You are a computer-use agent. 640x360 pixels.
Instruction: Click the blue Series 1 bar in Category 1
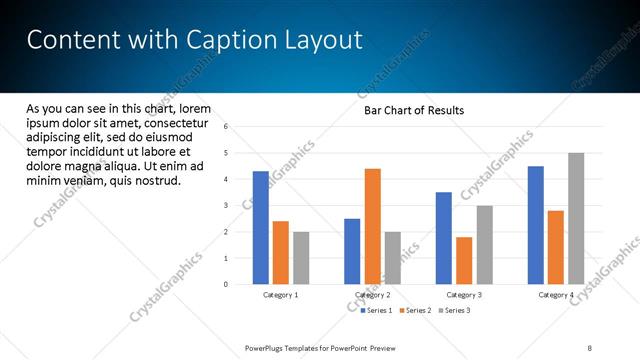[x=261, y=228]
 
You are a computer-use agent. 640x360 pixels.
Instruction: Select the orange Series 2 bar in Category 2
[x=372, y=226]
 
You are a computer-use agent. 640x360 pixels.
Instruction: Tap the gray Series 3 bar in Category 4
[x=576, y=218]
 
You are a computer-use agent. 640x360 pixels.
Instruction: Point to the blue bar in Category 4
[x=536, y=225]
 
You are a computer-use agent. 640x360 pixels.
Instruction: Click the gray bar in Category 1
[x=301, y=258]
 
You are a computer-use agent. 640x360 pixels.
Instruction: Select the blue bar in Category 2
[x=352, y=251]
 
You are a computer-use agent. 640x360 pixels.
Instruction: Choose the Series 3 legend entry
[x=455, y=311]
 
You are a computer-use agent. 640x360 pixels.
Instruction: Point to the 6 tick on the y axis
[x=227, y=127]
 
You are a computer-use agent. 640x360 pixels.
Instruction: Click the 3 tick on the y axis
[x=227, y=206]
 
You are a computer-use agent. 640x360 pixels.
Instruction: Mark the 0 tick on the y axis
[x=227, y=285]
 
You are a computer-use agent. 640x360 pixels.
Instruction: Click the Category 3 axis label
[x=464, y=295]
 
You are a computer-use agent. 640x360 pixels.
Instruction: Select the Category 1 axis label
[x=281, y=295]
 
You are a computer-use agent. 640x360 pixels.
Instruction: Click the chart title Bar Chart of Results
[x=413, y=110]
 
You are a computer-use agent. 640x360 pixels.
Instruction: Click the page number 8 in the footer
[x=590, y=348]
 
